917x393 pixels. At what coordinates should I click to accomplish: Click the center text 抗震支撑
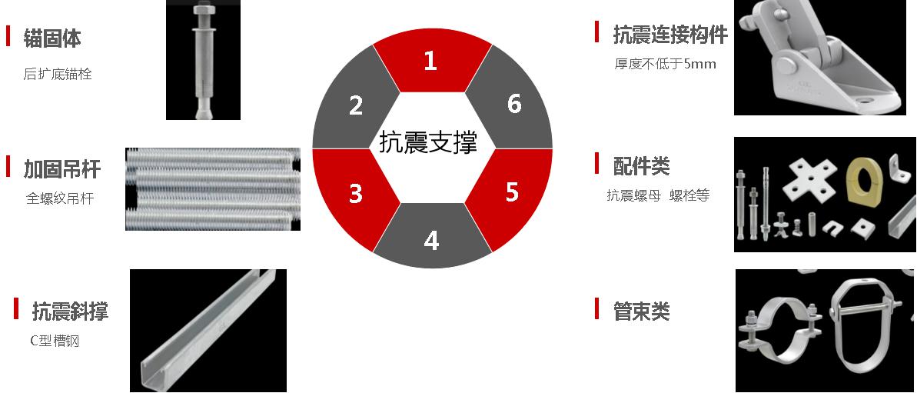pyautogui.click(x=428, y=142)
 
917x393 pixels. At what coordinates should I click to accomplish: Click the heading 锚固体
pyautogui.click(x=52, y=38)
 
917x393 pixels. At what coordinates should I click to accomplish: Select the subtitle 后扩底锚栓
pyautogui.click(x=58, y=75)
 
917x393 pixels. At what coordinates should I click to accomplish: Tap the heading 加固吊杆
pyautogui.click(x=62, y=168)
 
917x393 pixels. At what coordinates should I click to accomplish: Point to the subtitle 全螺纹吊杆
pyautogui.click(x=60, y=199)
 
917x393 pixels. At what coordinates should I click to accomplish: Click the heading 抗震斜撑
pyautogui.click(x=70, y=311)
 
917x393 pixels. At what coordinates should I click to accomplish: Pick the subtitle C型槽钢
pyautogui.click(x=55, y=341)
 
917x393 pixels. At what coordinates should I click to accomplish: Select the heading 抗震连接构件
pyautogui.click(x=670, y=35)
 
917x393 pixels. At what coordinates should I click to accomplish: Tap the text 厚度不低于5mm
pyautogui.click(x=665, y=64)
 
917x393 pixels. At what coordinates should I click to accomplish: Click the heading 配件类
pyautogui.click(x=642, y=166)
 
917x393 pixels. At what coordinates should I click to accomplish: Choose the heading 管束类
pyautogui.click(x=642, y=311)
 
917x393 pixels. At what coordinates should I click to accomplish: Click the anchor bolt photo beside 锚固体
pyautogui.click(x=203, y=60)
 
